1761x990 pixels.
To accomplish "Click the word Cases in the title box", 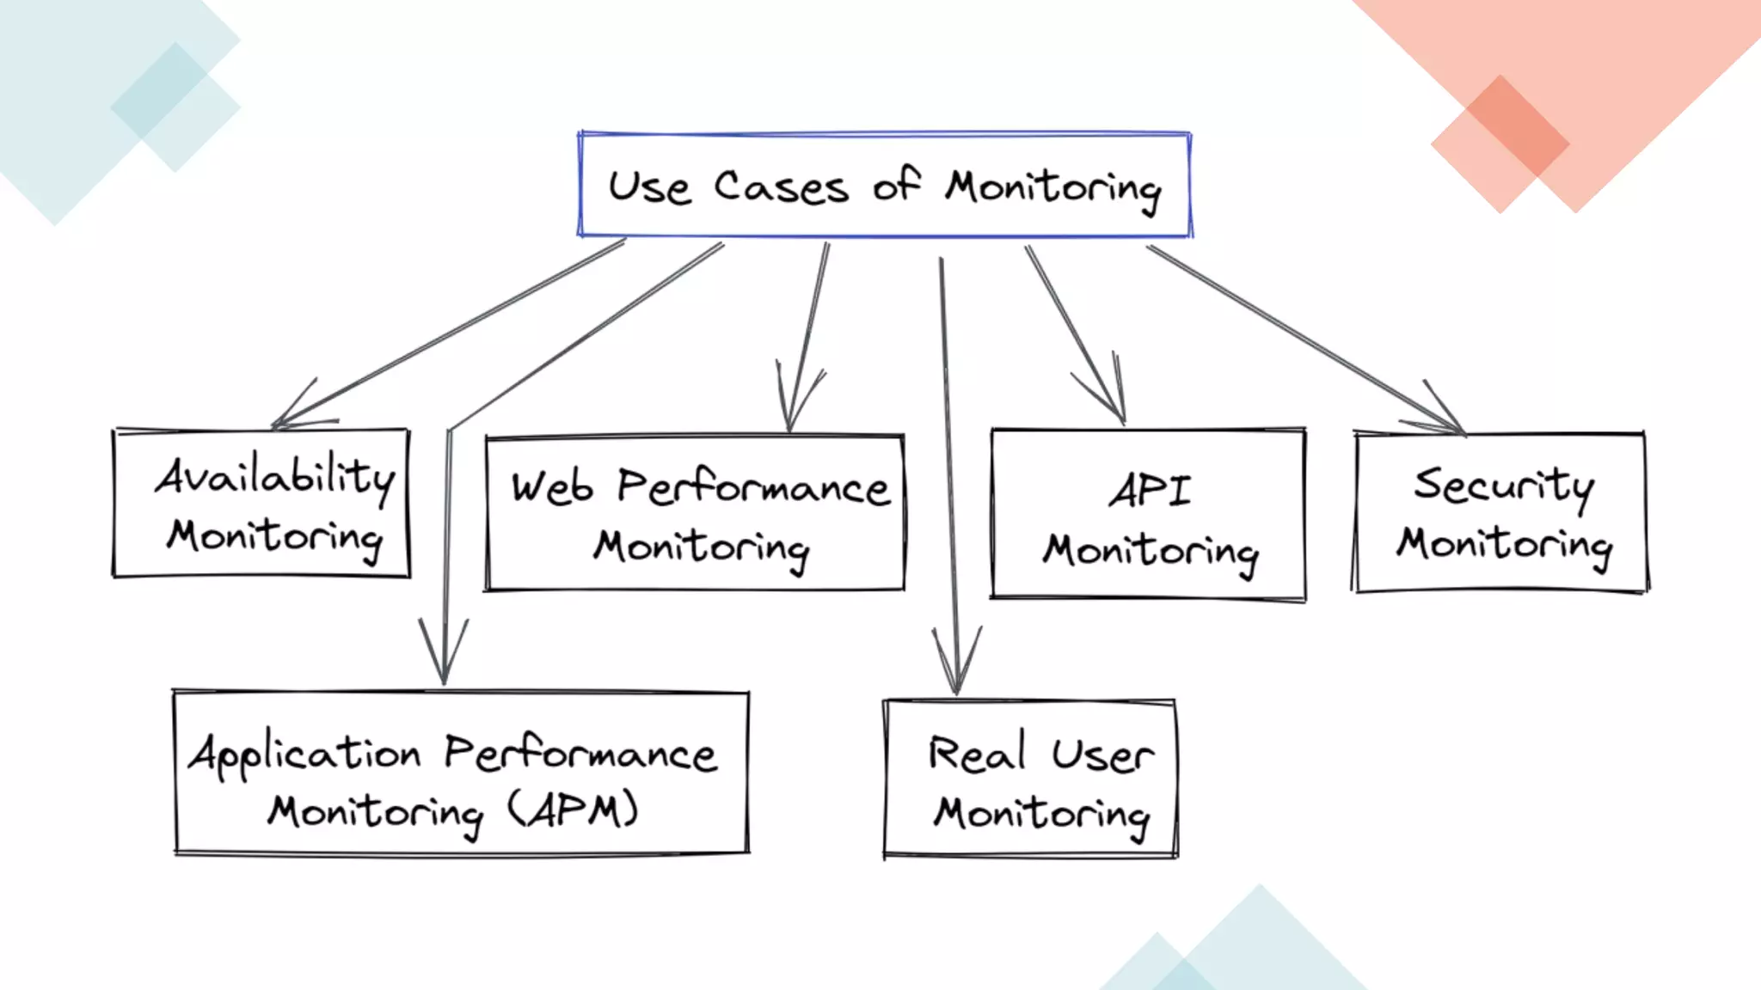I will [x=780, y=187].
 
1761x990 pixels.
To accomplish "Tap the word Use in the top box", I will [x=649, y=187].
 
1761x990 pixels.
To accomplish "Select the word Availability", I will [x=275, y=477].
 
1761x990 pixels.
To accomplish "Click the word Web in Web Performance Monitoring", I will [x=552, y=488].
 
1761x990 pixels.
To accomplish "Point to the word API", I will [x=1150, y=492].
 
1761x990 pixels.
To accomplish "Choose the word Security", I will [x=1503, y=486].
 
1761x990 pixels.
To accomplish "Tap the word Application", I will [x=305, y=755].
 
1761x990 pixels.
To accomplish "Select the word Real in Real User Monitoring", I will [x=977, y=754].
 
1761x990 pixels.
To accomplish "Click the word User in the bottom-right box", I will [x=1102, y=755].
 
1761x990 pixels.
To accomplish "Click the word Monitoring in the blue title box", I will [x=1053, y=189].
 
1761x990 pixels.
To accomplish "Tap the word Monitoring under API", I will [x=1150, y=552].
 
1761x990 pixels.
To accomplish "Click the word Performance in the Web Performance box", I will [x=753, y=488].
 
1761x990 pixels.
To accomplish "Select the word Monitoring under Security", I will [x=1504, y=545].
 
